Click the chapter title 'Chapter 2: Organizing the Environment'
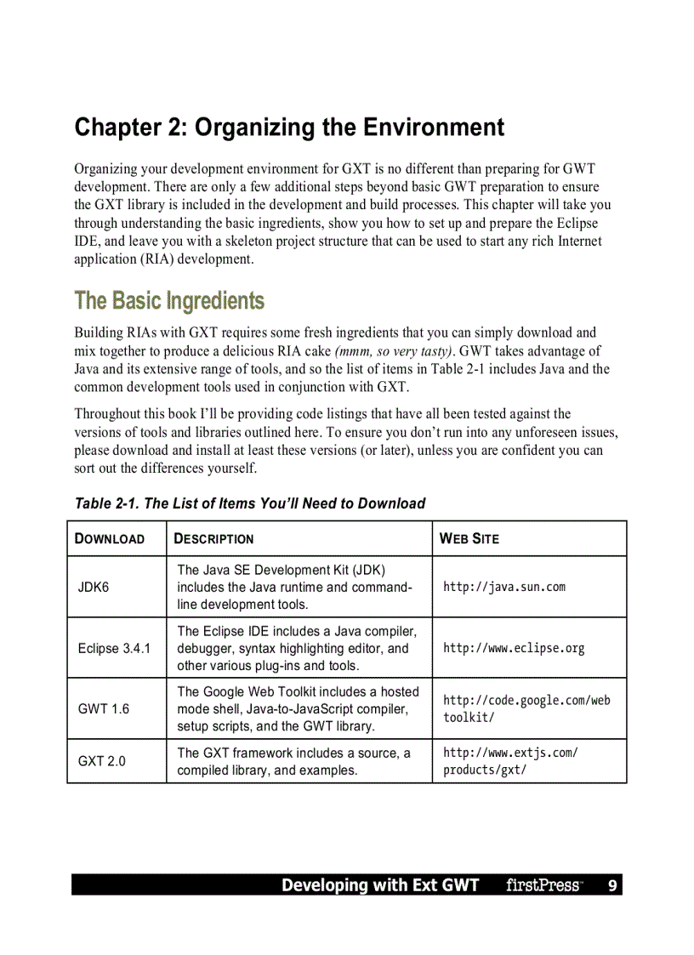(289, 128)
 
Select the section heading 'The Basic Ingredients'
(169, 301)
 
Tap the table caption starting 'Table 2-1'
(250, 503)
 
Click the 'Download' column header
(110, 539)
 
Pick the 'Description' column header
(213, 539)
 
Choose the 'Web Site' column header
(469, 539)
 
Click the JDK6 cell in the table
(94, 588)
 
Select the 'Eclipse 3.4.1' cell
(114, 649)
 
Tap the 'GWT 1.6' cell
(104, 709)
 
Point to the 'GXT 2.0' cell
(101, 761)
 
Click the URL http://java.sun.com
(504, 588)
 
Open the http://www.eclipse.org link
(514, 649)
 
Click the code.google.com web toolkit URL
(526, 709)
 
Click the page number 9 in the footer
(612, 885)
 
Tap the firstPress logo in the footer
(543, 885)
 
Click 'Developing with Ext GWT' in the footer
(380, 885)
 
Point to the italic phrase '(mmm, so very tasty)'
(395, 351)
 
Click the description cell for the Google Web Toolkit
(298, 709)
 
